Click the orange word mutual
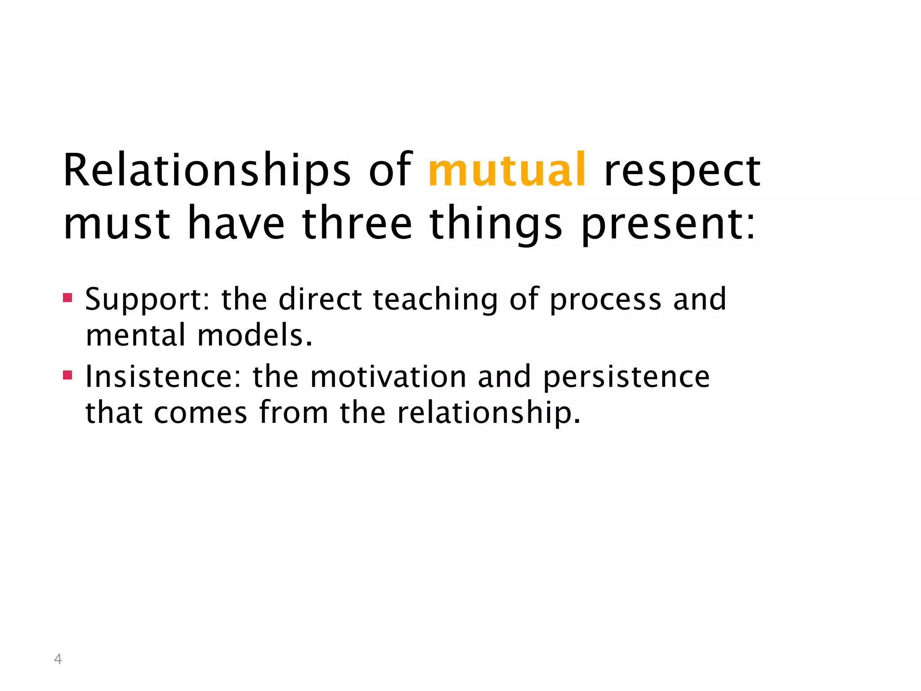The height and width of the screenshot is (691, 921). (x=507, y=170)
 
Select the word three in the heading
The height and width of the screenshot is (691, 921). (x=357, y=223)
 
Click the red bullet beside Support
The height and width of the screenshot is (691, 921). (x=67, y=297)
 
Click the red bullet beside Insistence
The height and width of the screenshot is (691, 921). (x=67, y=375)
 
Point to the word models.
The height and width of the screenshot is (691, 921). (x=255, y=336)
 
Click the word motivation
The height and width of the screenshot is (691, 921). (x=388, y=377)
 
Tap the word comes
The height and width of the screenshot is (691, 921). (x=201, y=413)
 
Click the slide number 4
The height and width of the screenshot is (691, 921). (x=58, y=659)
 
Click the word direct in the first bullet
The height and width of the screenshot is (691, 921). (x=320, y=300)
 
